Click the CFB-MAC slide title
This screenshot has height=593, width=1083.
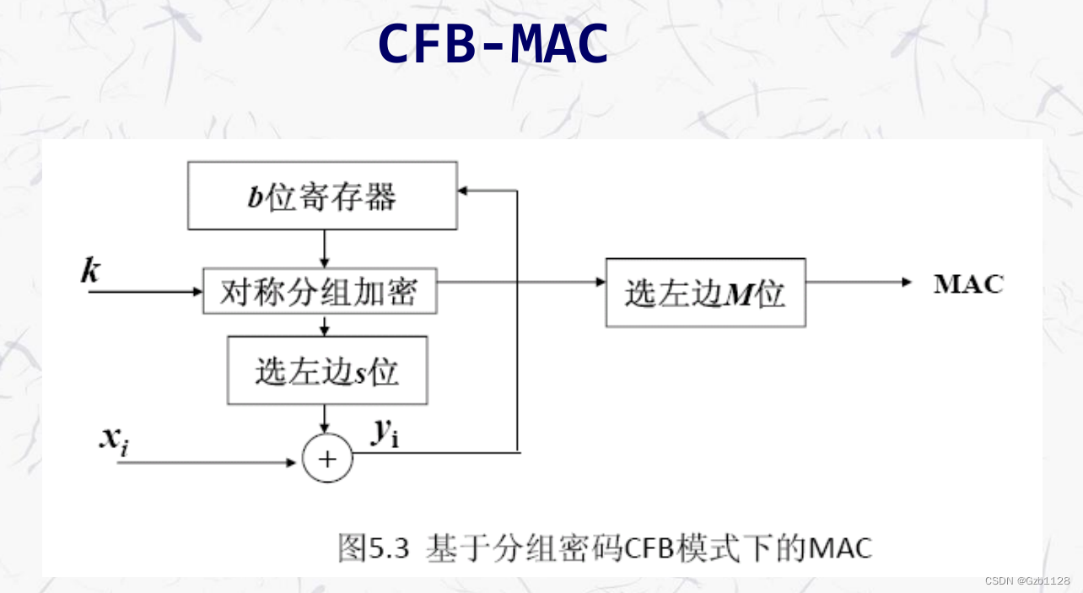(493, 44)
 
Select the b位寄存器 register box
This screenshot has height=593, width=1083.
(322, 196)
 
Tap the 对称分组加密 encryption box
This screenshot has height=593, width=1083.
(321, 292)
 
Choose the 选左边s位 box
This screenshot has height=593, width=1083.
(327, 370)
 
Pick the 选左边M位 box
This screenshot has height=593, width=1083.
(705, 293)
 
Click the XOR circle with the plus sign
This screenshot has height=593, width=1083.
(327, 458)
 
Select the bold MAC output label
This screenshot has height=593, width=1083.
(968, 283)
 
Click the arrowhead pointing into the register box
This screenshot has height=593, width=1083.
(463, 191)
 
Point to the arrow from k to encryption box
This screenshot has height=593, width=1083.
(143, 293)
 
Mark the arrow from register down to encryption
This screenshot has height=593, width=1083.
(324, 249)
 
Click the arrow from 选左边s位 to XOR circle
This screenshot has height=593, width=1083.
(324, 418)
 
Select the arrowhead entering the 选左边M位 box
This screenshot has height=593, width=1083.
(601, 283)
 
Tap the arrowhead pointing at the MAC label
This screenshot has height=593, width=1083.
(907, 283)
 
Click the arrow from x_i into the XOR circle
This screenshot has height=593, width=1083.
(211, 462)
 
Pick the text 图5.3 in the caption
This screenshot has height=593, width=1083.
(373, 548)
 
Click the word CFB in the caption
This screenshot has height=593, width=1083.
(645, 548)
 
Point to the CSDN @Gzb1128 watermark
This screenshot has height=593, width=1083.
(1026, 580)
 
